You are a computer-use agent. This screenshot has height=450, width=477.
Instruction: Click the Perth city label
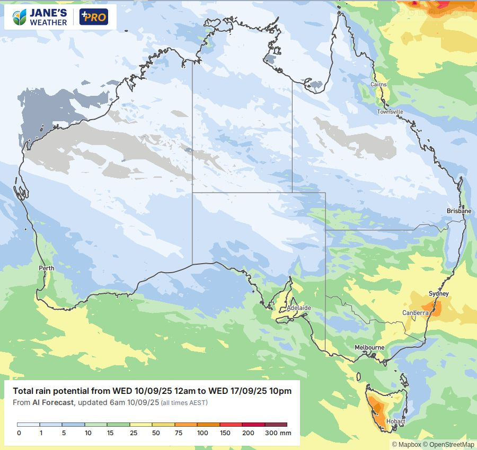click(x=47, y=268)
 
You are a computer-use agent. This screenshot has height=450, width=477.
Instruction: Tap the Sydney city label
click(x=438, y=294)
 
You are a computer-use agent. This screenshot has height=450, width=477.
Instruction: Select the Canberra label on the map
click(x=415, y=313)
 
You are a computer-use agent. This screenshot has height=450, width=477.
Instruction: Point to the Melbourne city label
click(x=369, y=347)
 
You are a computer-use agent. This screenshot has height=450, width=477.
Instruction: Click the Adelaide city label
click(x=298, y=308)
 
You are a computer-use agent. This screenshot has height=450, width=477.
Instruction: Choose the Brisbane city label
click(x=458, y=211)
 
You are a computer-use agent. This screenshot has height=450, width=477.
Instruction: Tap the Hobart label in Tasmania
click(x=396, y=422)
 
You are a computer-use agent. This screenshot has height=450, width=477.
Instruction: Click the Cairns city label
click(x=378, y=85)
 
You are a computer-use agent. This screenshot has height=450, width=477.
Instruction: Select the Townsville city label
click(x=390, y=112)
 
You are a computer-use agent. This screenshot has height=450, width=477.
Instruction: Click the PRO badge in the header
click(x=93, y=17)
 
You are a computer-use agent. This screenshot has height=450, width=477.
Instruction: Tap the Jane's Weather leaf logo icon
click(x=20, y=17)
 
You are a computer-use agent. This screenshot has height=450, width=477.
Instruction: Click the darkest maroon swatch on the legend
click(x=276, y=425)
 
